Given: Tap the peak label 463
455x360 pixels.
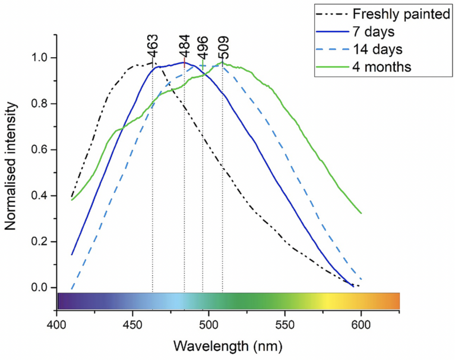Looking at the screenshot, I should click(152, 47).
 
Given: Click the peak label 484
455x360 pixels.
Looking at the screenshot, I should click(184, 44).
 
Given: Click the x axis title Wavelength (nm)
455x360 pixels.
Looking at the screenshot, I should click(227, 345).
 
